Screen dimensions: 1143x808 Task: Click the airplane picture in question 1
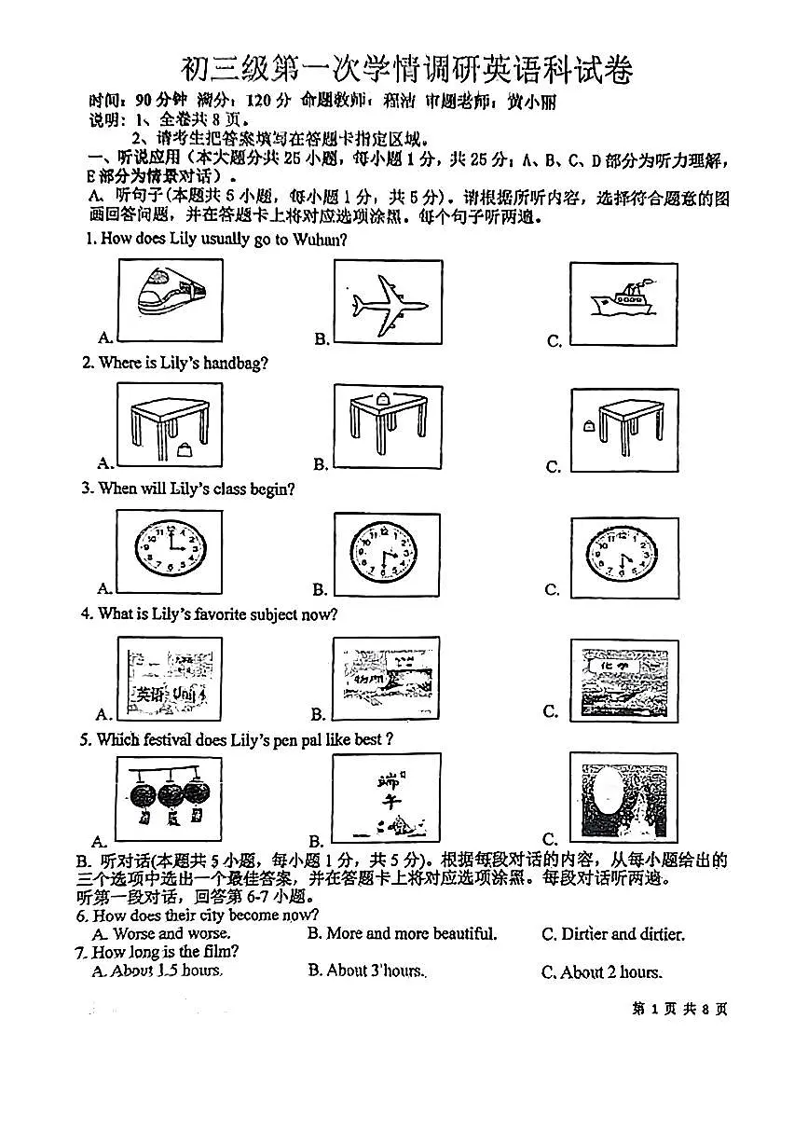388,302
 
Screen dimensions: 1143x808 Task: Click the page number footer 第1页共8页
679,1009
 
